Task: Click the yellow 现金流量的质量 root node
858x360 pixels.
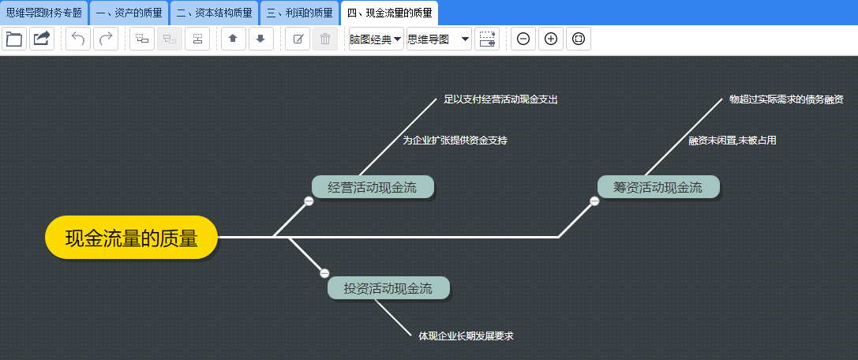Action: click(x=131, y=237)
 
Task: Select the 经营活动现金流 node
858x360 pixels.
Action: click(x=373, y=187)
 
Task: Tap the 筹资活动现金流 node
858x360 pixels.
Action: click(x=658, y=187)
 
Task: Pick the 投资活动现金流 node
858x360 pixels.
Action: click(x=388, y=288)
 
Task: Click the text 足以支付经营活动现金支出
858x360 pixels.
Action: click(x=500, y=99)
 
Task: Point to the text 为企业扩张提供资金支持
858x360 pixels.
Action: click(x=455, y=140)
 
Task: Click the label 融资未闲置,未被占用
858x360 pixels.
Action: click(x=732, y=140)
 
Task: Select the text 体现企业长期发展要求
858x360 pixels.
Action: click(x=466, y=336)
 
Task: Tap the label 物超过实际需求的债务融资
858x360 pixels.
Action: click(x=786, y=99)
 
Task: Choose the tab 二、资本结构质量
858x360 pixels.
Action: click(x=214, y=13)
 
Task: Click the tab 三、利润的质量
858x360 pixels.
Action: click(x=299, y=13)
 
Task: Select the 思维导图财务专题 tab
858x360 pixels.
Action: click(x=43, y=13)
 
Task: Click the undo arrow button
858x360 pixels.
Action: click(x=78, y=39)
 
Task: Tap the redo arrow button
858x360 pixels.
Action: click(x=106, y=39)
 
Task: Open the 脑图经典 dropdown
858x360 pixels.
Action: click(x=377, y=39)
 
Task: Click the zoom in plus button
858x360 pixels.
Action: click(x=551, y=39)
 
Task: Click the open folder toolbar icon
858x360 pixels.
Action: click(x=14, y=39)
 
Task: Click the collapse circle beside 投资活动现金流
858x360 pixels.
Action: click(x=324, y=273)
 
